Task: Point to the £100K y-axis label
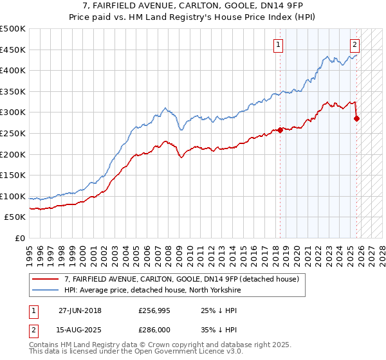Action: point(13,196)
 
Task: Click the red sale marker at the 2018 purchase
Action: point(280,130)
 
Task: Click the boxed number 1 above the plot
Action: point(278,44)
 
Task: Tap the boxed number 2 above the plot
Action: point(354,44)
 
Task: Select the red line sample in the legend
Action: point(46,280)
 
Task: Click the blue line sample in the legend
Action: point(46,290)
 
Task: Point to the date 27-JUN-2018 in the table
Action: point(80,310)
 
